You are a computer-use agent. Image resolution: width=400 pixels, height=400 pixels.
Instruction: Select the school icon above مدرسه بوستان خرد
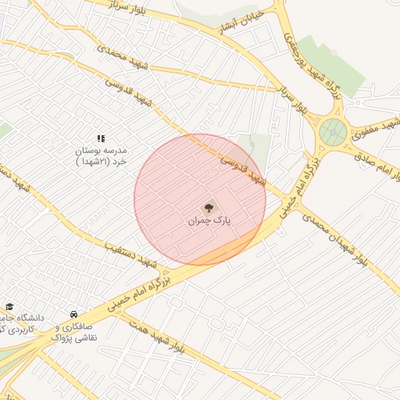(101, 138)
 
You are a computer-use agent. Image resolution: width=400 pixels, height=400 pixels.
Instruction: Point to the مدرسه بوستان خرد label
(100, 155)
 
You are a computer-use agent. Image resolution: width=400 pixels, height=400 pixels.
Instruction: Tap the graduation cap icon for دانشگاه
(9, 307)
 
